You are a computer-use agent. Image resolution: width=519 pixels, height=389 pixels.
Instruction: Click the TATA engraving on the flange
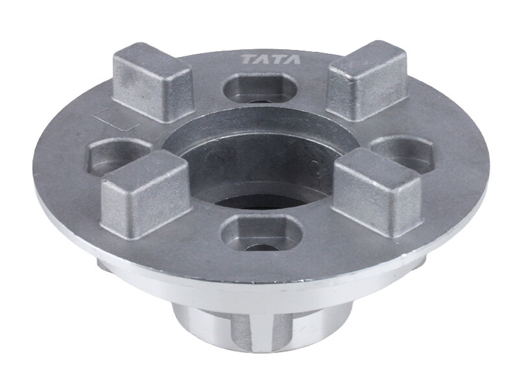pos(271,60)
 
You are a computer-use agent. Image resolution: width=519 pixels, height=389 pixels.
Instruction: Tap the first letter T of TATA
pos(249,60)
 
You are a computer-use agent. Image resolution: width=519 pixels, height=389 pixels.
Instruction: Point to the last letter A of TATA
pos(294,60)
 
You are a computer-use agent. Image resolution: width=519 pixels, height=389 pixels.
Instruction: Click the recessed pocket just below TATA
pos(260,88)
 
